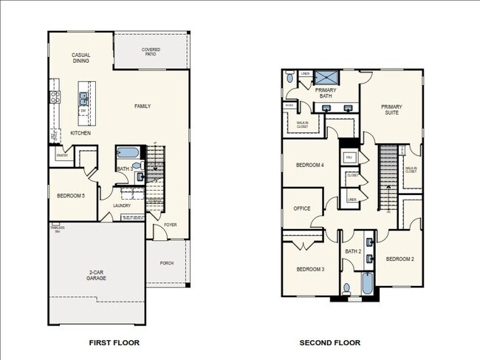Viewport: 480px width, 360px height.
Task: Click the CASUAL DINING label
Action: pos(81,59)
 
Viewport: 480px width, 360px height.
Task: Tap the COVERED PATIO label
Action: pos(151,52)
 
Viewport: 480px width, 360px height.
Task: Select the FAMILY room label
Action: pos(143,106)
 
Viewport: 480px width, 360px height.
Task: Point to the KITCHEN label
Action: pos(80,133)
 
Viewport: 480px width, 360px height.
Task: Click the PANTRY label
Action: pos(61,154)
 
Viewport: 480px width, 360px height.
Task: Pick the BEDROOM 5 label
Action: pos(72,196)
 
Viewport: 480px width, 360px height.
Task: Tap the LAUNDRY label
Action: pos(122,206)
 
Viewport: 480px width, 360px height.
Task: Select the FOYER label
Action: pos(171,224)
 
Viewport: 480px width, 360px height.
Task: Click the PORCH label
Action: pos(166,262)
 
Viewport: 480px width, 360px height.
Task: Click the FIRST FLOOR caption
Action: pos(114,343)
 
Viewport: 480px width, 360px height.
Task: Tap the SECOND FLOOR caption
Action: pos(330,343)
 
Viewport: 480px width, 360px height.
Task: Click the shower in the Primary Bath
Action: pos(325,77)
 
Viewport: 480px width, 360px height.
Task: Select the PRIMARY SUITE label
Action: pos(391,109)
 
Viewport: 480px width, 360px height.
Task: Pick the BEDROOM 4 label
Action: pos(309,165)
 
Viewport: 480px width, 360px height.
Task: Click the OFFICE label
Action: pos(301,208)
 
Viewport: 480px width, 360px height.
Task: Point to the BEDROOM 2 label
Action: pos(400,259)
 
